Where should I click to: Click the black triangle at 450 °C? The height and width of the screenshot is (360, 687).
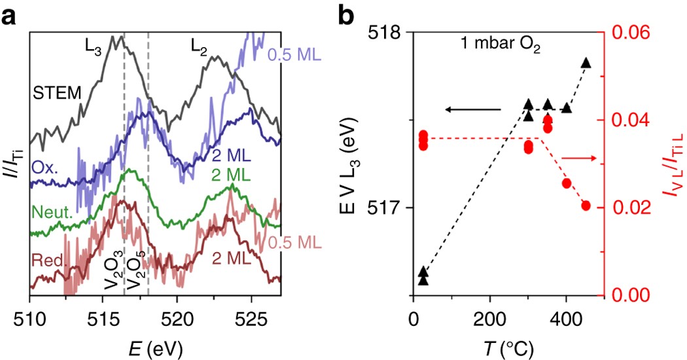[586, 63]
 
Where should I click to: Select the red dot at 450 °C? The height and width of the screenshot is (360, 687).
[586, 206]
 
